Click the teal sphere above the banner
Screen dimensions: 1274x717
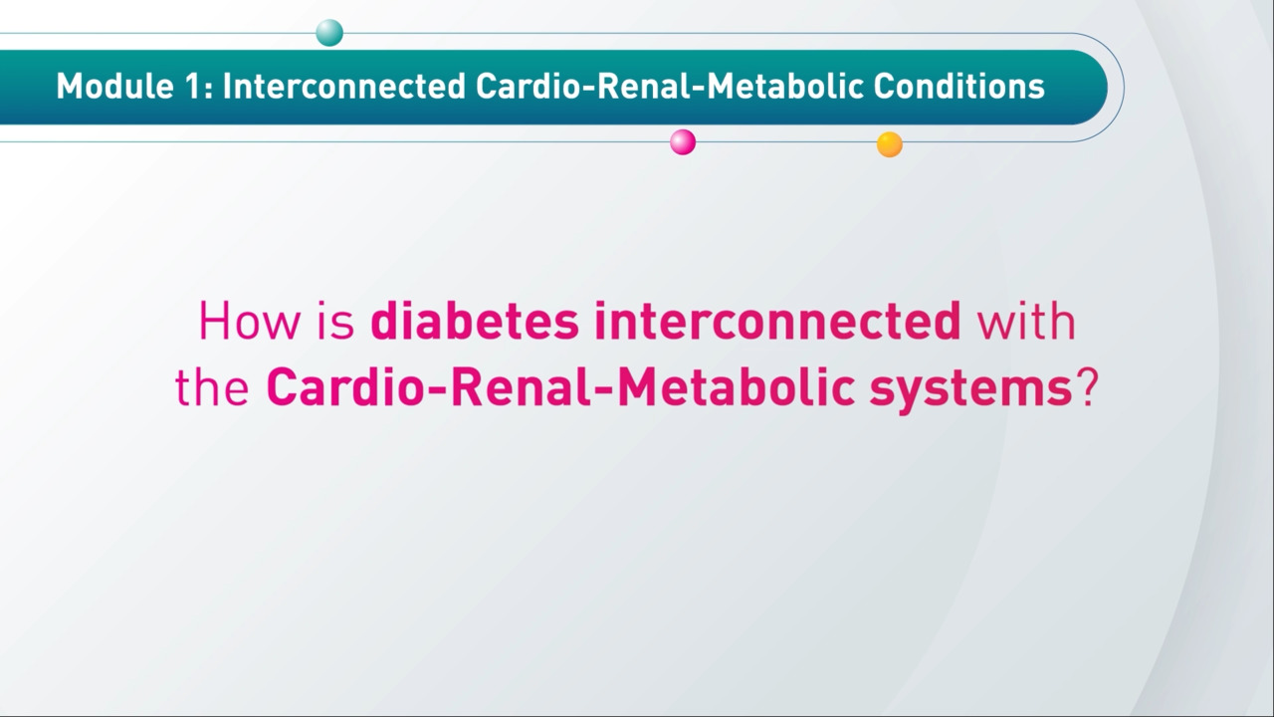tap(329, 33)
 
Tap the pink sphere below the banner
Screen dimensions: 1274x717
tap(683, 141)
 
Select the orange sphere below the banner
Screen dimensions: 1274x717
tap(890, 144)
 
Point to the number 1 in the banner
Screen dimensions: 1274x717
tap(194, 86)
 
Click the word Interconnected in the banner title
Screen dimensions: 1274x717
tap(344, 86)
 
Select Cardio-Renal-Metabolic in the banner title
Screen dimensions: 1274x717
tap(669, 86)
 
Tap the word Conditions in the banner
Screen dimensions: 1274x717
tap(958, 86)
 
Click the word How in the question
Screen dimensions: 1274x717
tap(249, 322)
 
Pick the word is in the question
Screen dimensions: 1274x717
tap(335, 322)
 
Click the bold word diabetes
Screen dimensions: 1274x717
tap(475, 322)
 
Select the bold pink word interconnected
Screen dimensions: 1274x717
tap(777, 322)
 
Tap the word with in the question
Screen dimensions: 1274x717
tap(1026, 322)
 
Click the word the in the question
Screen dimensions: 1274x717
tap(212, 387)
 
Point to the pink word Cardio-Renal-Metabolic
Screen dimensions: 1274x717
tap(560, 387)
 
